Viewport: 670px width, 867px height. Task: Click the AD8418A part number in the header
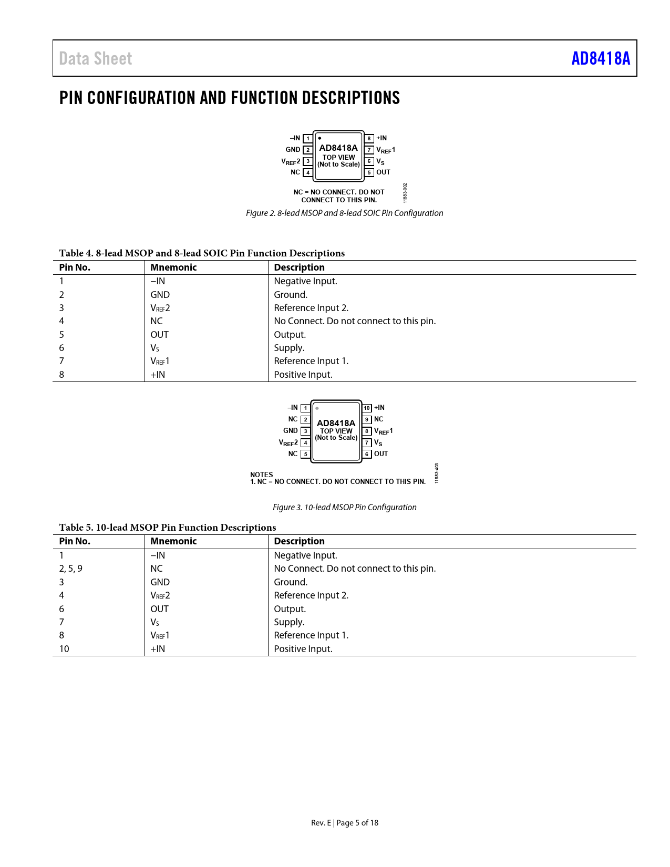pyautogui.click(x=600, y=58)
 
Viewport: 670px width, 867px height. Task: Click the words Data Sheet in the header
pyautogui.click(x=96, y=58)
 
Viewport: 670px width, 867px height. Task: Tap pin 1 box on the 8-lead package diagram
pyautogui.click(x=308, y=139)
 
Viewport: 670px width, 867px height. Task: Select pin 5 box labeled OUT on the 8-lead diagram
pyautogui.click(x=369, y=172)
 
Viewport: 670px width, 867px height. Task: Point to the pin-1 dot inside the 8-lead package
pyautogui.click(x=319, y=138)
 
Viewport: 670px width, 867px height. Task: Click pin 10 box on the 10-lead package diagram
pyautogui.click(x=367, y=408)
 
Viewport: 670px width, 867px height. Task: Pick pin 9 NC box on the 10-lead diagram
pyautogui.click(x=367, y=419)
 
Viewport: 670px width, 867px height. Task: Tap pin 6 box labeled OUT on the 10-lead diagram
pyautogui.click(x=367, y=454)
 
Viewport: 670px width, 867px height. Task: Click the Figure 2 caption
pyautogui.click(x=344, y=213)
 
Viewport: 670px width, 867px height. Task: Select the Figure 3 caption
pyautogui.click(x=344, y=507)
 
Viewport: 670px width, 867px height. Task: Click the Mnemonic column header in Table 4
pyautogui.click(x=173, y=267)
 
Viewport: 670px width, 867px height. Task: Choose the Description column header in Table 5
pyautogui.click(x=299, y=541)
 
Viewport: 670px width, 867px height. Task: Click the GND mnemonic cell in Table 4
pyautogui.click(x=160, y=295)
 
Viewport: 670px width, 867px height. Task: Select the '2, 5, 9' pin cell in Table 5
pyautogui.click(x=70, y=569)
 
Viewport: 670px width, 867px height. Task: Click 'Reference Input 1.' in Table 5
pyautogui.click(x=311, y=635)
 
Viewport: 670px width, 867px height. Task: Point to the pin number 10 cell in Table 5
pyautogui.click(x=64, y=649)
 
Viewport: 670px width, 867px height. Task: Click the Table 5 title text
pyautogui.click(x=167, y=528)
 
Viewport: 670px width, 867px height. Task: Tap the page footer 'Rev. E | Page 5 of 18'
pyautogui.click(x=344, y=823)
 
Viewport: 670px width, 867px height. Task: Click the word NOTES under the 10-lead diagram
pyautogui.click(x=261, y=474)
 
